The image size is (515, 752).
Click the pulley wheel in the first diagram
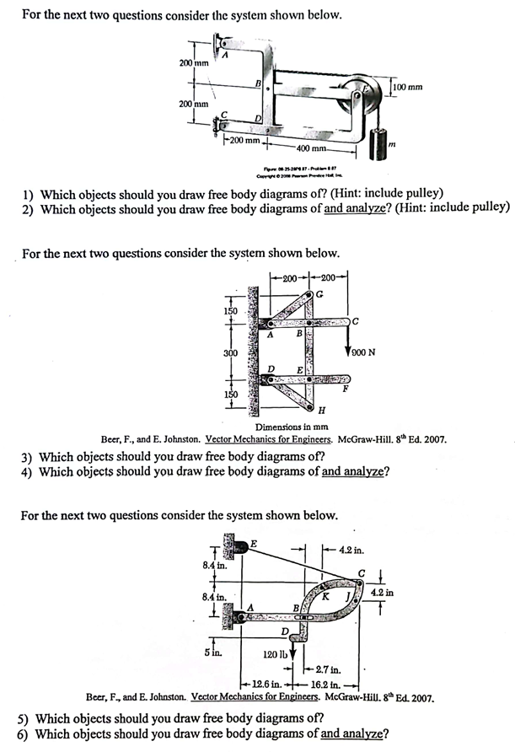(x=367, y=94)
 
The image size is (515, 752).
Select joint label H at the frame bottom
(x=321, y=410)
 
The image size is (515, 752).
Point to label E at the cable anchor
(x=253, y=544)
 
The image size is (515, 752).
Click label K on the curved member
(x=325, y=597)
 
